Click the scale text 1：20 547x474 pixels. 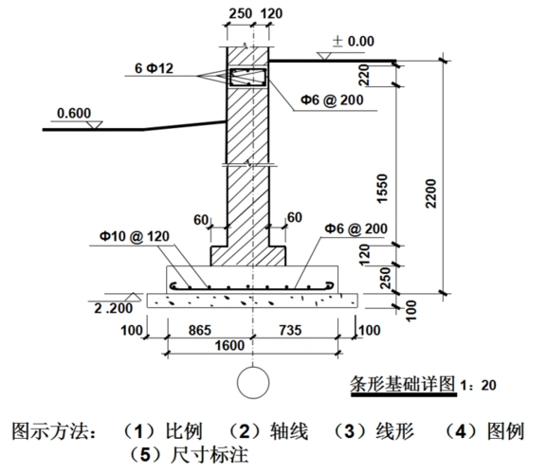click(x=478, y=387)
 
